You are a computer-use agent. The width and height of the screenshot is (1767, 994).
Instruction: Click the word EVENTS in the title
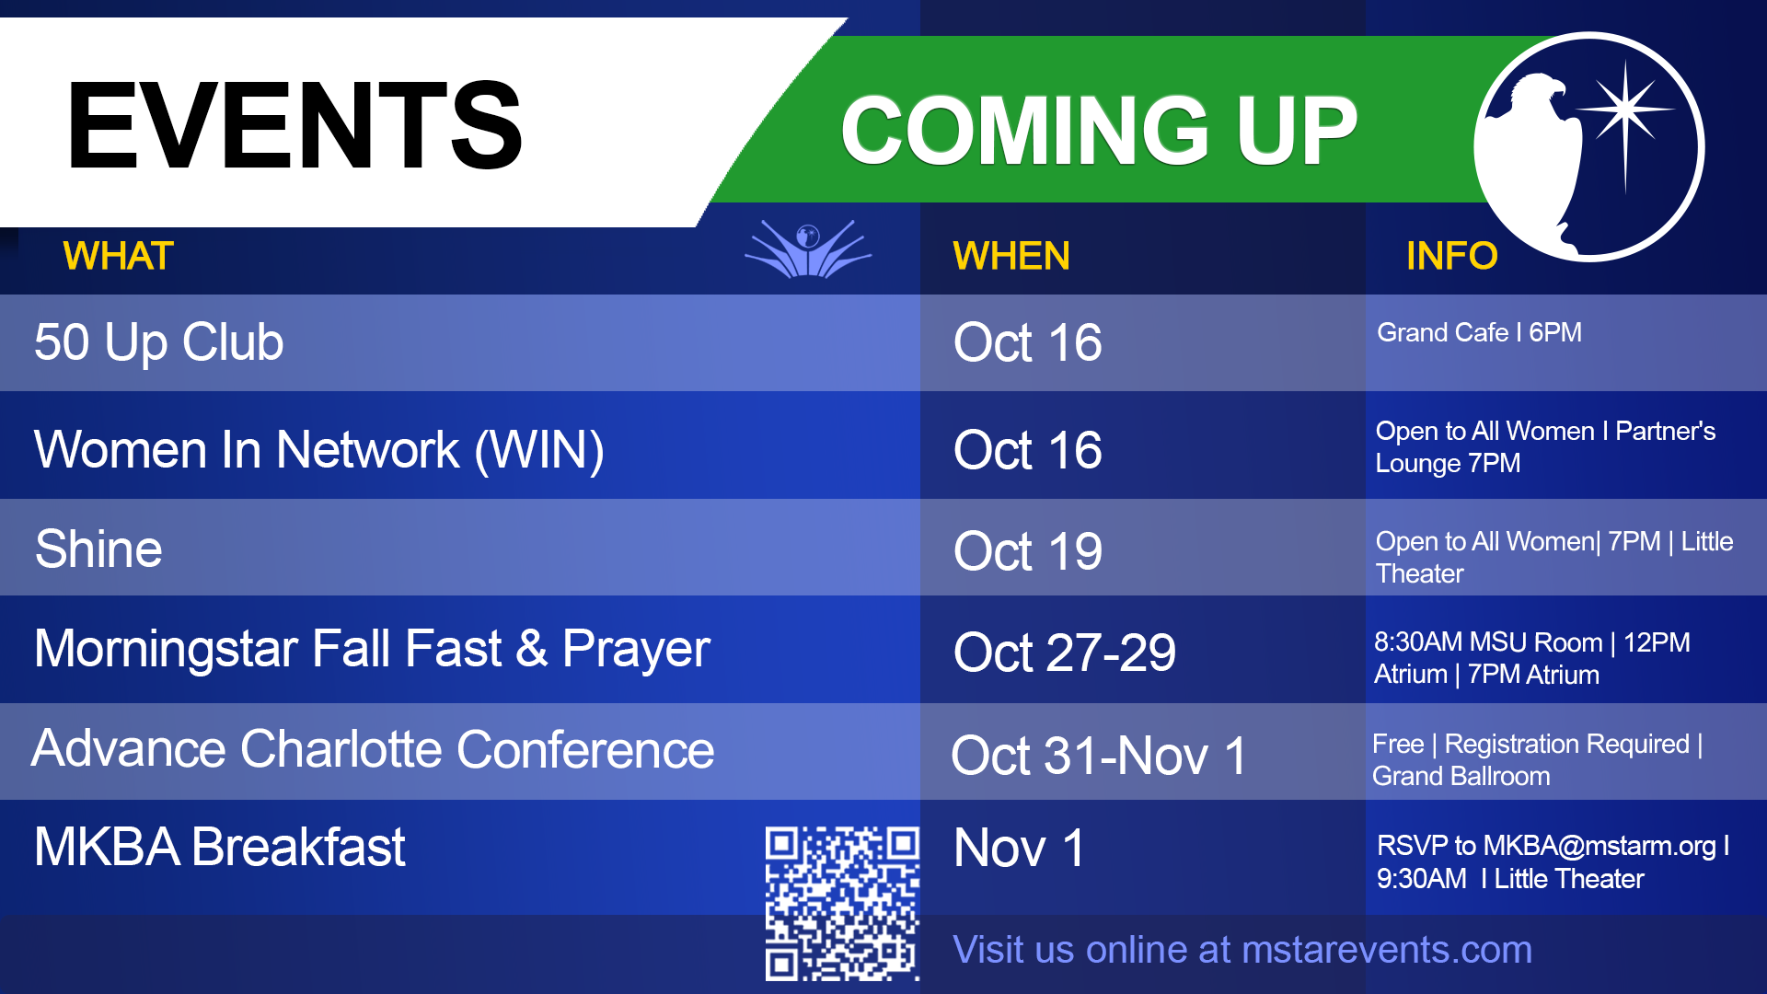[x=294, y=126]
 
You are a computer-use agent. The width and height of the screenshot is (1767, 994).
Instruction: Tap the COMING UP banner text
[x=1099, y=131]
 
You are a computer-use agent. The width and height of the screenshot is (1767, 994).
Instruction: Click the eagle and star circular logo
[x=1589, y=147]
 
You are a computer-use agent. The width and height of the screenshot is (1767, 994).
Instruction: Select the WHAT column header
[x=118, y=256]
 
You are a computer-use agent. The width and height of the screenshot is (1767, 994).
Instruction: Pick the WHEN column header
[x=1011, y=256]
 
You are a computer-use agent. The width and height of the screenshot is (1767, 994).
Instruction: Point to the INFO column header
[x=1451, y=256]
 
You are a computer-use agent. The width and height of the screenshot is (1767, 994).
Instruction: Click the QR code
[x=842, y=904]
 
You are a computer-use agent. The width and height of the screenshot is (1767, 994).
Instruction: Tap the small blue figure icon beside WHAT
[x=808, y=248]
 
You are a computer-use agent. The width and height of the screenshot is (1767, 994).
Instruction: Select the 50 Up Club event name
[x=159, y=342]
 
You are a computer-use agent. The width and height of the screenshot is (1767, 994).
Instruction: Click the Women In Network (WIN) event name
[x=319, y=450]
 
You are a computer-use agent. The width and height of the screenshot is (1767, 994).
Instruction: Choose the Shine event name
[x=98, y=549]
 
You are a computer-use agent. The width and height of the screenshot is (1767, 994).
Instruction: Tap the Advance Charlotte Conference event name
[x=373, y=748]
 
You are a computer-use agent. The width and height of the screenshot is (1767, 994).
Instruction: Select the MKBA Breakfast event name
[x=220, y=847]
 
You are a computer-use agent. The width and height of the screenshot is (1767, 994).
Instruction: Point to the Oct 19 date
[x=1028, y=551]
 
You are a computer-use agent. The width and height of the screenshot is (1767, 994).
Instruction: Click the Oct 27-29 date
[x=1065, y=653]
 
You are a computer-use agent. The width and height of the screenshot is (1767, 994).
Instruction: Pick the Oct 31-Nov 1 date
[x=1100, y=756]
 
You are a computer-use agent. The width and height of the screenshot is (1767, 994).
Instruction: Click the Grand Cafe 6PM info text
[x=1479, y=332]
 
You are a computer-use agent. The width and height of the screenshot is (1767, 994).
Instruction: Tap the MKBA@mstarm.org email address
[x=1600, y=846]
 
